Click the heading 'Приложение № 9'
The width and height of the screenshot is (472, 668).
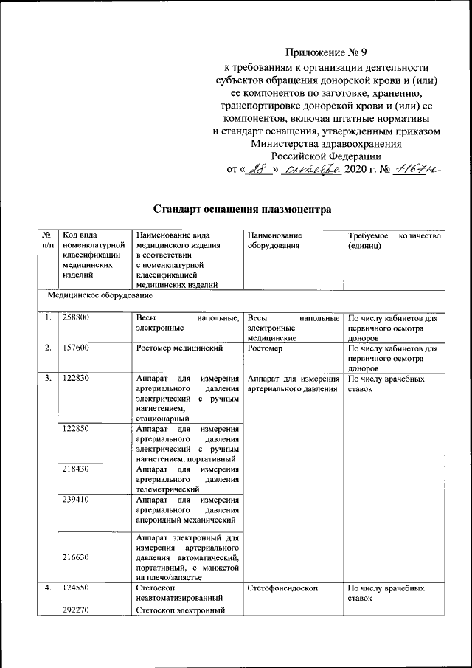pyautogui.click(x=326, y=53)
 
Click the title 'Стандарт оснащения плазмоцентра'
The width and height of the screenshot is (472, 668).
pyautogui.click(x=243, y=209)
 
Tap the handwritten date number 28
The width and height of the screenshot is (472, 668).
pyautogui.click(x=257, y=169)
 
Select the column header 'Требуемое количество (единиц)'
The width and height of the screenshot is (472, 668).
pyautogui.click(x=394, y=241)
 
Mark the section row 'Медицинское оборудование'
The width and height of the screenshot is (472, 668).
pyautogui.click(x=100, y=295)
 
